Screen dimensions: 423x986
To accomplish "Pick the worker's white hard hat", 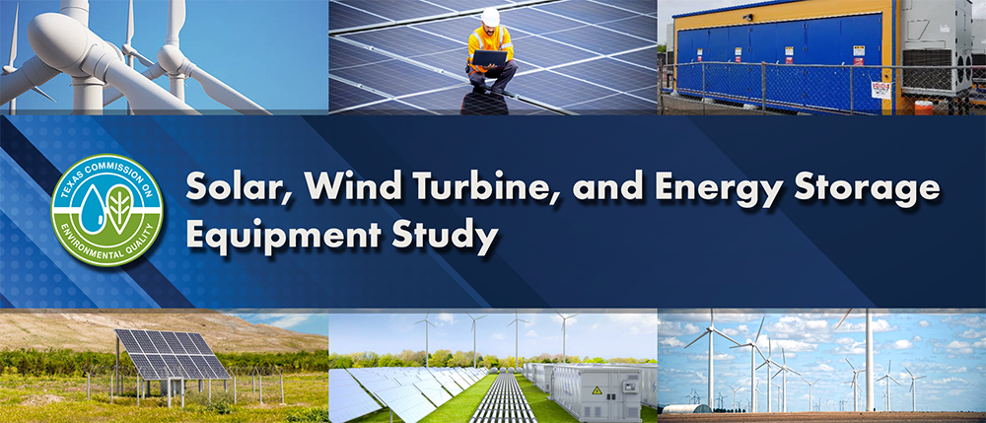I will click(490, 16).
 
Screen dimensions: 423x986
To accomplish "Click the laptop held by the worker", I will click(489, 59).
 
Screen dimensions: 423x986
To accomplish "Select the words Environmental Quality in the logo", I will click(108, 247).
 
